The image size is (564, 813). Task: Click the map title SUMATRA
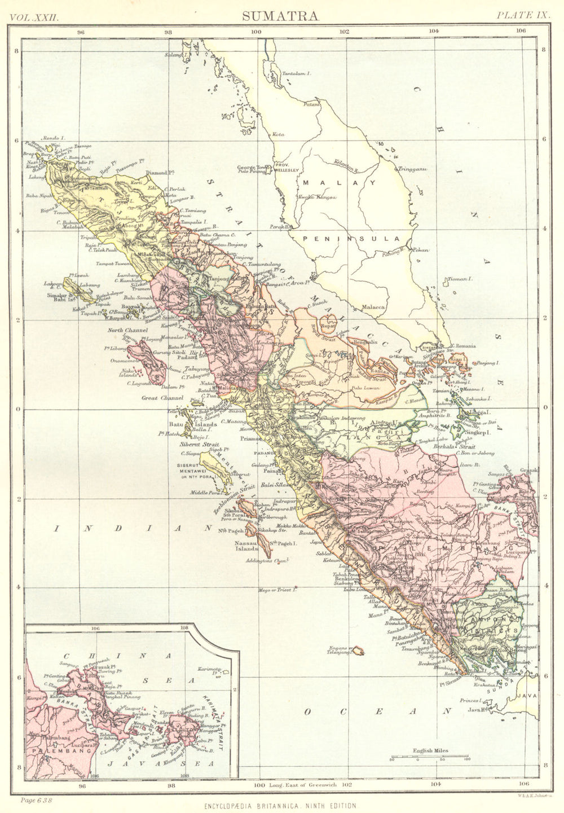tap(280, 15)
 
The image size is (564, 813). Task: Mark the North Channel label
tap(127, 330)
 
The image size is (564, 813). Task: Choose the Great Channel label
tap(162, 398)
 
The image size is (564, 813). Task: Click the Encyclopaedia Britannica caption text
tap(280, 806)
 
